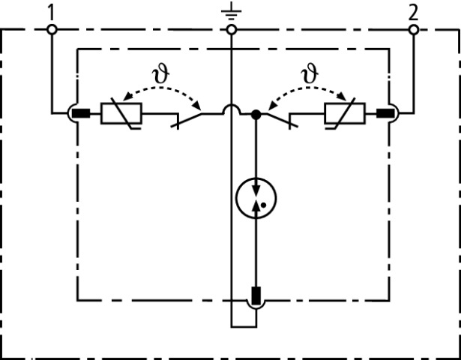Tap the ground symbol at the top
pyautogui.click(x=232, y=10)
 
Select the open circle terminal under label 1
pyautogui.click(x=51, y=29)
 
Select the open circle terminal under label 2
pyautogui.click(x=412, y=29)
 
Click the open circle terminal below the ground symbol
pyautogui.click(x=232, y=29)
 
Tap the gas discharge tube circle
pyautogui.click(x=256, y=198)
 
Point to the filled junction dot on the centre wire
pyautogui.click(x=256, y=115)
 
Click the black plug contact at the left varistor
pyautogui.click(x=82, y=115)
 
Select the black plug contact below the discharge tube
pyautogui.click(x=256, y=296)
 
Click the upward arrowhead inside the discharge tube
pyautogui.click(x=256, y=206)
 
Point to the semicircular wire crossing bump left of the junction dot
pyautogui.click(x=232, y=110)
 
